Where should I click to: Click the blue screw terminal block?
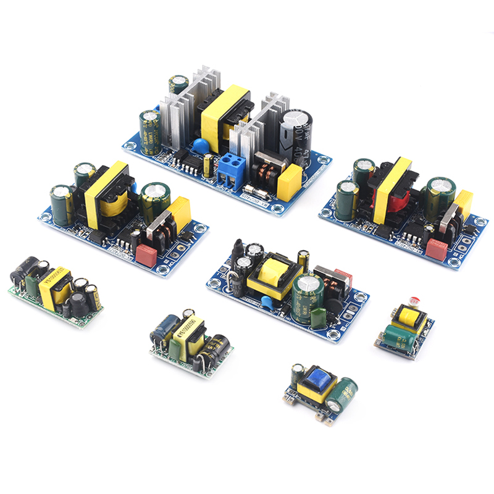click(x=230, y=166)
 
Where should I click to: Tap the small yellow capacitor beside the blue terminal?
click(x=209, y=164)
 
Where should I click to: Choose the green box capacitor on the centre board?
click(x=319, y=316)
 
